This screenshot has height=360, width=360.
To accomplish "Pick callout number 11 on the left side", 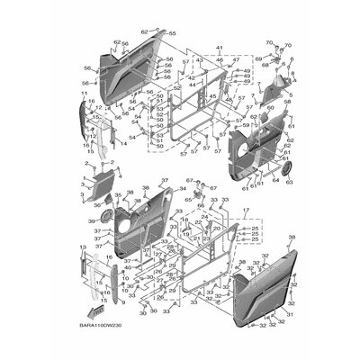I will pos(84,94).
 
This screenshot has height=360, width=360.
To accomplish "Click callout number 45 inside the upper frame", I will pos(211,96).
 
